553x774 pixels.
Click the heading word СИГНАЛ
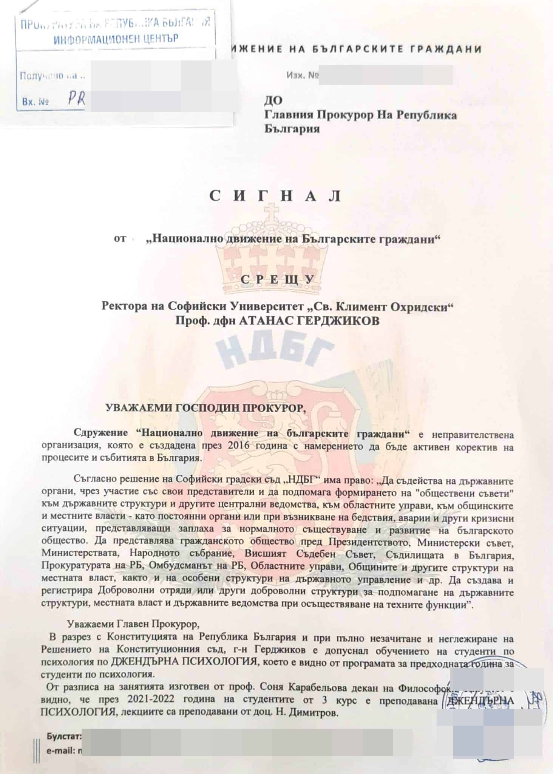(x=275, y=196)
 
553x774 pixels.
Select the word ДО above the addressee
(x=273, y=100)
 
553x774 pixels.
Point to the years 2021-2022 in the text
(x=150, y=700)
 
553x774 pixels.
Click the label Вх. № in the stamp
(x=35, y=102)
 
